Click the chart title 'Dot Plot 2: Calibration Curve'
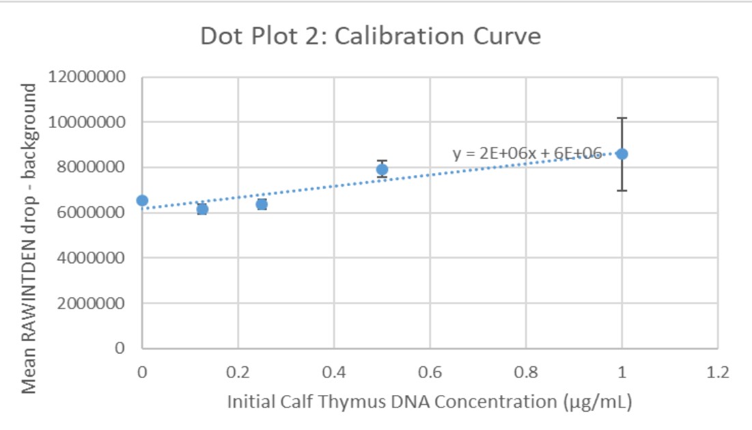coord(370,36)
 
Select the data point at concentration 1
coord(622,154)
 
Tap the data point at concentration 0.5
coord(382,170)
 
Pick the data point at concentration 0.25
coord(262,204)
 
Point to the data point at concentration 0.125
coord(202,209)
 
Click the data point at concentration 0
coord(142,200)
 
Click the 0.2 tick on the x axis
coord(238,373)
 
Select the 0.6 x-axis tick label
coord(430,373)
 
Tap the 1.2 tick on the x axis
coord(717,373)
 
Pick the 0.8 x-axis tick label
coord(525,373)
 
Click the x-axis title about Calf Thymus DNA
coord(430,401)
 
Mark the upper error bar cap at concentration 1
coord(622,118)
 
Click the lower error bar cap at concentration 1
coord(622,190)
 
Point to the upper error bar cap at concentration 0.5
coord(382,161)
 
